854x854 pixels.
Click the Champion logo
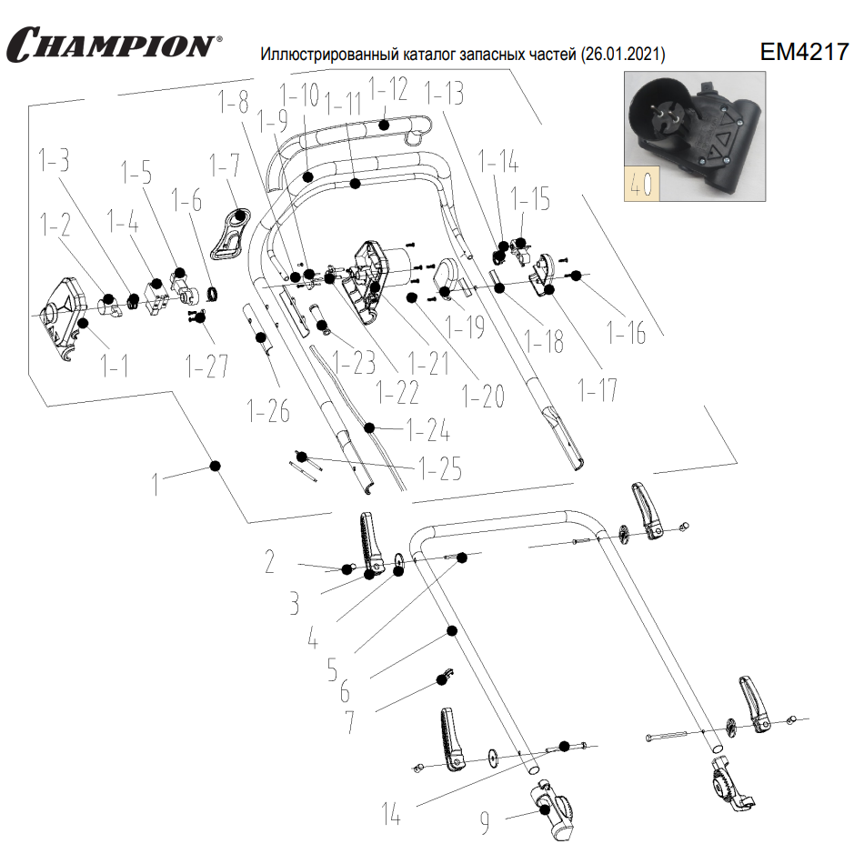point(113,43)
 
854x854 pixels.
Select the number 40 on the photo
point(640,184)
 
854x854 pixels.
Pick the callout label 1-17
point(598,389)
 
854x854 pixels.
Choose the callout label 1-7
point(224,166)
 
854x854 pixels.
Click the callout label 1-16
point(627,332)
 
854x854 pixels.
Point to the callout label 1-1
point(114,367)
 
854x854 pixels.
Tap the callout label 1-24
point(428,427)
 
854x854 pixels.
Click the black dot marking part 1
point(216,466)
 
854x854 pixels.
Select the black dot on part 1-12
point(385,124)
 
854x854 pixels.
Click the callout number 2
point(270,563)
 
